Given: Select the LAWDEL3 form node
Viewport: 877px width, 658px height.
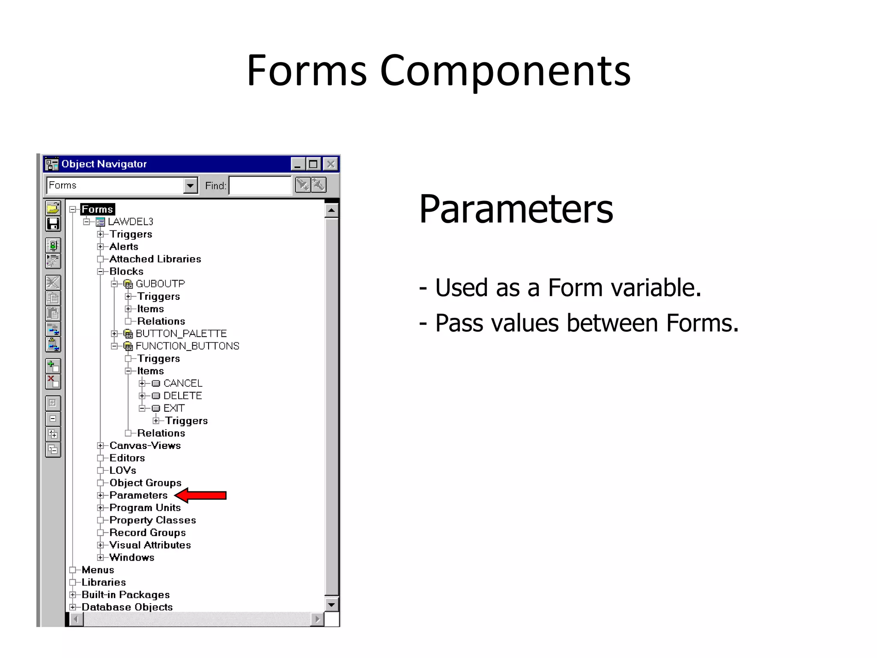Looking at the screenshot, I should coord(130,221).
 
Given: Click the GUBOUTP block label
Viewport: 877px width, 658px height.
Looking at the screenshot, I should coord(160,284).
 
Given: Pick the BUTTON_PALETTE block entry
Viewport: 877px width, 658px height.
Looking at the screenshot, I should coord(181,333).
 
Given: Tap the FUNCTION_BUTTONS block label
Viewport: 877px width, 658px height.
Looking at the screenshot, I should coord(187,346).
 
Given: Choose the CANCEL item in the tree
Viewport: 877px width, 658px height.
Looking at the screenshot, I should coord(182,383).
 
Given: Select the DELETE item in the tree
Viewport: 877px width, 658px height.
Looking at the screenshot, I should coord(182,395).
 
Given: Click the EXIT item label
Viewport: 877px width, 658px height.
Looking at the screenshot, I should coord(174,408).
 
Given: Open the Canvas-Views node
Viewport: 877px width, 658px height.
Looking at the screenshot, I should coord(145,446).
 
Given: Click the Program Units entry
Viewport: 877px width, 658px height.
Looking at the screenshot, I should coord(145,508).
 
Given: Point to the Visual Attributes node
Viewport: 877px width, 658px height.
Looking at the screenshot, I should coord(150,545).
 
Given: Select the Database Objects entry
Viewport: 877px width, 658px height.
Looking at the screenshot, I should coord(127,607).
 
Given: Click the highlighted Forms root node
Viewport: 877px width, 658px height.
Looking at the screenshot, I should coord(98,209).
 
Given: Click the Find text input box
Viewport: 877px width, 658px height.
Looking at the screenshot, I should coord(260,186).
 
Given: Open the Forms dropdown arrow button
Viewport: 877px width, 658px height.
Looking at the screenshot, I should coord(190,186).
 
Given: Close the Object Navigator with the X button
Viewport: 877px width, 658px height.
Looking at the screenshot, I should coord(331,164).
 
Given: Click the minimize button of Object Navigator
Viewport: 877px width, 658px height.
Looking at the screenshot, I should coord(298,164).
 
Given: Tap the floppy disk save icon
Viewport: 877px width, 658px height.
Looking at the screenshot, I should coord(53,224).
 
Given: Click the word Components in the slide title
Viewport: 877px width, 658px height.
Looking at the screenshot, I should coord(505,71).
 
